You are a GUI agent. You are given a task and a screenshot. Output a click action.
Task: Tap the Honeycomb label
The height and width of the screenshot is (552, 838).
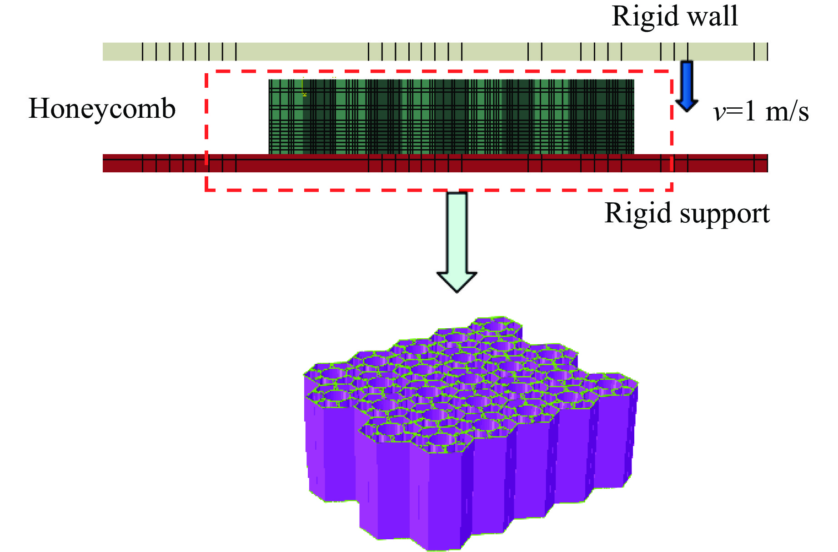102,109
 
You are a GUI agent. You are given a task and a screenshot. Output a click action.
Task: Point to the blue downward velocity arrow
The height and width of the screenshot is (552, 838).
686,86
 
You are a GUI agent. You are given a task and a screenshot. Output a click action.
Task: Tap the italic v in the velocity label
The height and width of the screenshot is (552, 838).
719,112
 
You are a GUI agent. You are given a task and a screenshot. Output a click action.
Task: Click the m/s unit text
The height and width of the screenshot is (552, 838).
787,112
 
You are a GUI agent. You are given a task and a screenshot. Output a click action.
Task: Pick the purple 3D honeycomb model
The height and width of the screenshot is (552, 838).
468,432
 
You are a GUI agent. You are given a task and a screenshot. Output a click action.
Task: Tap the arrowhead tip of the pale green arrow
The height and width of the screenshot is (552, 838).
457,291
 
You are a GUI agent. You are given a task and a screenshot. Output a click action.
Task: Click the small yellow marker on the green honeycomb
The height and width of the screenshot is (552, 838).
304,94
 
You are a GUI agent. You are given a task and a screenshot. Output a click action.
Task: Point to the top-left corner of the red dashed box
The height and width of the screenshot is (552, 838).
206,72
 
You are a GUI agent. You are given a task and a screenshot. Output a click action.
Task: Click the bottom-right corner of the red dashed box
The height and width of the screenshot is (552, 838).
672,189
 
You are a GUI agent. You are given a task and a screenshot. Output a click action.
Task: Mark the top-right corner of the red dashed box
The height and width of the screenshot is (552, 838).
672,72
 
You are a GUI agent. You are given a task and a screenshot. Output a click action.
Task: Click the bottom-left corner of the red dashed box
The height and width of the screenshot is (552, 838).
206,189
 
